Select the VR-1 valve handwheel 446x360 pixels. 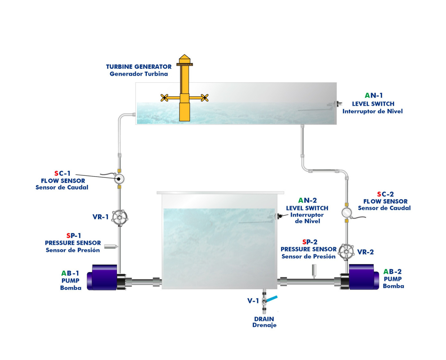point(120,218)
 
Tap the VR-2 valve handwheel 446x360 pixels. point(346,252)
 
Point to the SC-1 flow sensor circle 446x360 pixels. point(119,179)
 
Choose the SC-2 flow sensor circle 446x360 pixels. point(346,212)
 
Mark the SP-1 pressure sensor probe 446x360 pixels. point(111,246)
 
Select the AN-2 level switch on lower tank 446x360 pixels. point(279,216)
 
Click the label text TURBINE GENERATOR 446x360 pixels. point(139,67)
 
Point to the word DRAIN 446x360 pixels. point(264,319)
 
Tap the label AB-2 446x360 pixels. point(392,272)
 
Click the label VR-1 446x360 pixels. point(100,217)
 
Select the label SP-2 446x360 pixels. point(310,242)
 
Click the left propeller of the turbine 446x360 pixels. point(164,98)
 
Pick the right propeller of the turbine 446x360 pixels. point(204,98)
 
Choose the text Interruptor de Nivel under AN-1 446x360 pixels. point(372,111)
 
